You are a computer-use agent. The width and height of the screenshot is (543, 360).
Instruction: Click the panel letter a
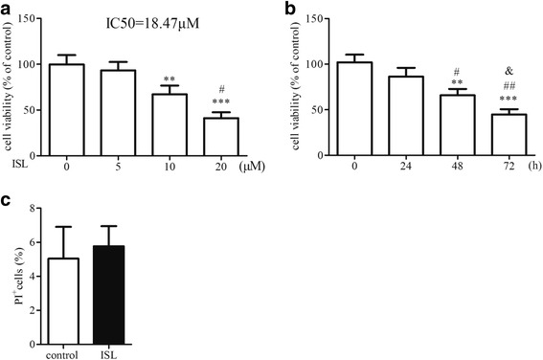click(x=7, y=7)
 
